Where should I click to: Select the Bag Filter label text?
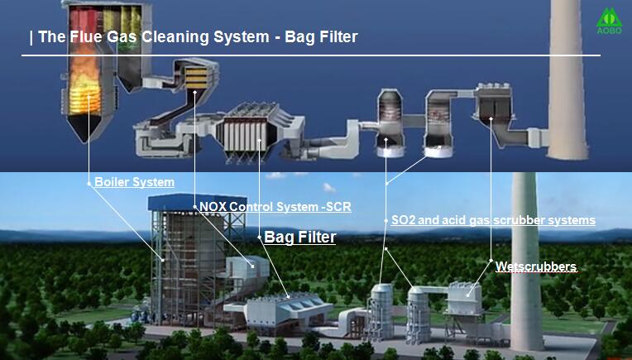pyautogui.click(x=299, y=238)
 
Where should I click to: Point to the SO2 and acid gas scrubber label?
pyautogui.click(x=493, y=220)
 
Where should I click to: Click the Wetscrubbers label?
pyautogui.click(x=535, y=266)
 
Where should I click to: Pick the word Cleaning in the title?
pyautogui.click(x=175, y=37)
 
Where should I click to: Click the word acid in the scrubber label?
pyautogui.click(x=459, y=220)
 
